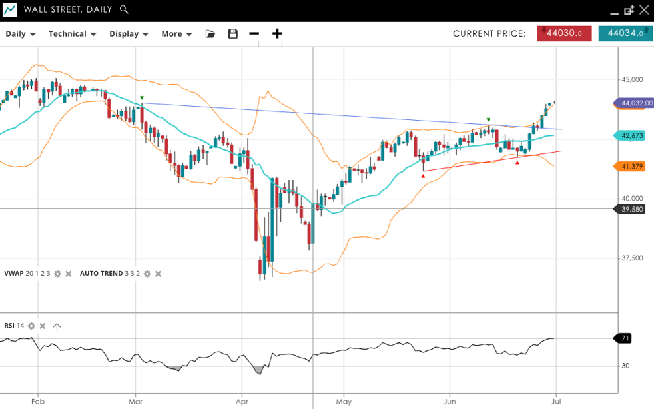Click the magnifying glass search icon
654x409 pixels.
coord(124,10)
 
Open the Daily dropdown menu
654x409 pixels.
coord(20,34)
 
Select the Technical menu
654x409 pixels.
coord(72,34)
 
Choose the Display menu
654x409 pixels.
coord(129,34)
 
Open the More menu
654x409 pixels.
coord(176,34)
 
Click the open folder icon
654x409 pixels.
coord(210,34)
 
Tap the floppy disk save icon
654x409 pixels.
coord(232,34)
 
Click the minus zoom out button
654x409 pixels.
coord(254,34)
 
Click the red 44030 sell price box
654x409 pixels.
coord(564,34)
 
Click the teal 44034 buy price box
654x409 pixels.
coord(625,34)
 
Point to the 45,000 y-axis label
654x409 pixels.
coord(632,79)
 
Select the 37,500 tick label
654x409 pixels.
coord(632,258)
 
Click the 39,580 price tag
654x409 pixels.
coord(631,209)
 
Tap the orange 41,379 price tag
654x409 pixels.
coord(631,167)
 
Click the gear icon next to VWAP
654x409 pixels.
coord(57,274)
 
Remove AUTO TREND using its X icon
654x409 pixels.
coord(158,274)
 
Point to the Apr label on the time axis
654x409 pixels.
coord(242,402)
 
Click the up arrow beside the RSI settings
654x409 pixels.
coord(57,326)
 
